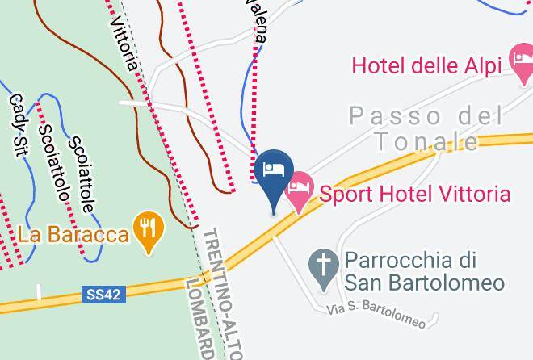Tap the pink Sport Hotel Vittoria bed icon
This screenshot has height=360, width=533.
click(x=300, y=188)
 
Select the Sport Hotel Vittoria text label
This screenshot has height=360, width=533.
click(x=414, y=194)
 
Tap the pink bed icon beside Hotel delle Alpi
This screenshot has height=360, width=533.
click(x=519, y=58)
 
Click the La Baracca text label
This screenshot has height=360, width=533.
click(x=73, y=235)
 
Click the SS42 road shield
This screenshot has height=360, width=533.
click(x=104, y=295)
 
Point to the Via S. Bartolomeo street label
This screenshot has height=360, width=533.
click(x=376, y=315)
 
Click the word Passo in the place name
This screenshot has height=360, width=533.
click(x=395, y=116)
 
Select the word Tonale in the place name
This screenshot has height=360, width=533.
click(x=426, y=142)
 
